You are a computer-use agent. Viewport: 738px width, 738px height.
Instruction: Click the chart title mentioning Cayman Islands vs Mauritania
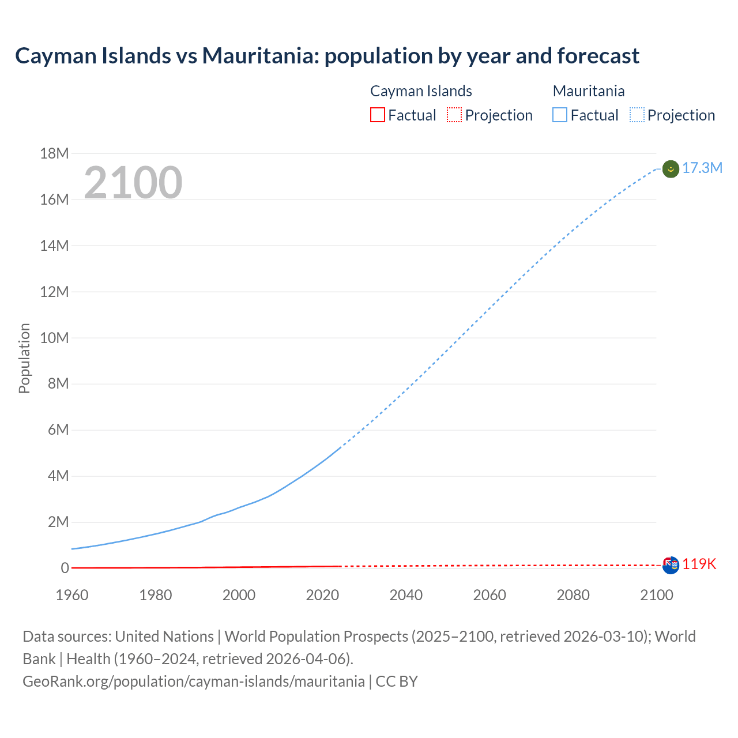(327, 56)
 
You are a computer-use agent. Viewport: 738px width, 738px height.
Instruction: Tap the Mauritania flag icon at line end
(671, 169)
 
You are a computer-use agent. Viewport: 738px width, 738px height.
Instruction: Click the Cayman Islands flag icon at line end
(671, 565)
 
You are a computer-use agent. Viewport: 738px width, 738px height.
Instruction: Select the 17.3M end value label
(702, 168)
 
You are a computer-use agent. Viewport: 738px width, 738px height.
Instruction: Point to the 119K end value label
(699, 564)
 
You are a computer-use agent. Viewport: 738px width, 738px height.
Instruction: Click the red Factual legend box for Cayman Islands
(378, 115)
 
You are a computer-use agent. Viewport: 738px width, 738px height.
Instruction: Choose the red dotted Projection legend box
(454, 115)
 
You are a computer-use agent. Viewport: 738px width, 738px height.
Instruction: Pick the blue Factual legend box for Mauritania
(560, 115)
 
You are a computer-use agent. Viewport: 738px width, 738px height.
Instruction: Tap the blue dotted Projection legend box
(637, 115)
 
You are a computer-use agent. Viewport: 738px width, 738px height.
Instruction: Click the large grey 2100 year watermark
(133, 183)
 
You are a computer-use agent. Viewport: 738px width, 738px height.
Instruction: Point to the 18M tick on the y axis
(54, 153)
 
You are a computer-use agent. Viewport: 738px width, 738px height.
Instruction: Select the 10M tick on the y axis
(54, 338)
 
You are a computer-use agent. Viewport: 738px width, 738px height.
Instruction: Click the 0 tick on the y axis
(65, 568)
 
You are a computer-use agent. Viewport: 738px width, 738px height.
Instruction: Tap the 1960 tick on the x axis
(72, 595)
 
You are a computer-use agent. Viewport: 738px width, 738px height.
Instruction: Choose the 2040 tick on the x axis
(406, 595)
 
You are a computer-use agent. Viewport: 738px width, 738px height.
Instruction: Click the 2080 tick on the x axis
(573, 595)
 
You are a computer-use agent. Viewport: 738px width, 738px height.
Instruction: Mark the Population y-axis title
(24, 358)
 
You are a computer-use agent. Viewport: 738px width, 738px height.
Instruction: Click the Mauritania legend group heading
(589, 91)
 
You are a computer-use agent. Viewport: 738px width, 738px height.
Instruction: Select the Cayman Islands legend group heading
(421, 91)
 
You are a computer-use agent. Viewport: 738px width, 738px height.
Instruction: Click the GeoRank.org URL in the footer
(194, 681)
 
